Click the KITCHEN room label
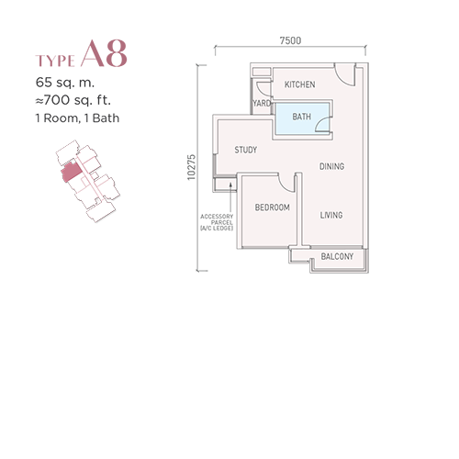click(299, 84)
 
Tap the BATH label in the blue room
click(301, 117)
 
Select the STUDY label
click(245, 150)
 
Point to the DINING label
click(331, 166)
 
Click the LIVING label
click(331, 215)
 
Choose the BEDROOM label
click(273, 207)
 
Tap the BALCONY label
click(337, 256)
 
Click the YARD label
click(262, 103)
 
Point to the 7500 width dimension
click(290, 40)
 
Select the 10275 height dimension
click(191, 167)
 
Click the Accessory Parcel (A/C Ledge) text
click(217, 222)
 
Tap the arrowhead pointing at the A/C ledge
click(230, 184)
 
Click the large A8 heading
click(104, 53)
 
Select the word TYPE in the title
click(55, 61)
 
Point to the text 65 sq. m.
click(65, 83)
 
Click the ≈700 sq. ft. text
click(73, 100)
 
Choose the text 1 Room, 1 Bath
click(77, 118)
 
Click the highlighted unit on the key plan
click(71, 173)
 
